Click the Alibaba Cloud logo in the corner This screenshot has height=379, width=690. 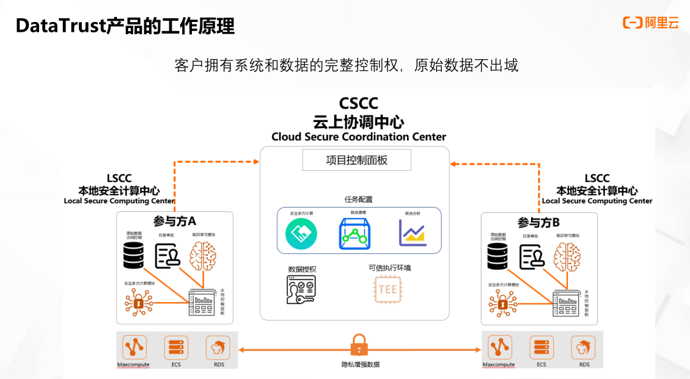(x=650, y=23)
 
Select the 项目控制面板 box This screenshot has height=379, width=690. (x=357, y=161)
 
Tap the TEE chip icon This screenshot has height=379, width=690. (x=388, y=289)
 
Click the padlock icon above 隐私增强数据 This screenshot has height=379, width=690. (x=359, y=345)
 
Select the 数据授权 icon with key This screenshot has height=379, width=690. (x=301, y=289)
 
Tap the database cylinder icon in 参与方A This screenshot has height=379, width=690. (x=133, y=255)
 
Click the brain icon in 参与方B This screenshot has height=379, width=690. (x=567, y=254)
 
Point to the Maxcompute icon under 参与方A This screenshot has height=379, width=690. (x=133, y=347)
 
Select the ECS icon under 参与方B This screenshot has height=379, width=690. (x=541, y=347)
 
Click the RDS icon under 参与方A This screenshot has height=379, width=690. (x=218, y=347)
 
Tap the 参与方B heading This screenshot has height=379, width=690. (x=539, y=222)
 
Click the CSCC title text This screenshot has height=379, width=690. (x=359, y=104)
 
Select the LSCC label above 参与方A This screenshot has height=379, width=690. (x=119, y=178)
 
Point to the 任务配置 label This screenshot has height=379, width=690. (x=359, y=199)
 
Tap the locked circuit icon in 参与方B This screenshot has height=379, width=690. (x=502, y=303)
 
